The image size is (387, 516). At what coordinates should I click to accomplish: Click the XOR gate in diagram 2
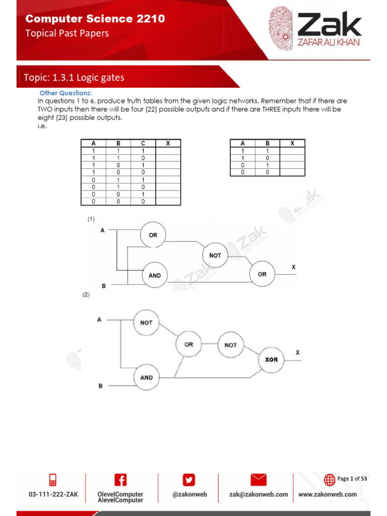[272, 359]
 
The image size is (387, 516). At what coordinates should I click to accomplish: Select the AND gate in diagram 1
[155, 275]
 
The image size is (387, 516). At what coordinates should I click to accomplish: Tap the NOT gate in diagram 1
[215, 255]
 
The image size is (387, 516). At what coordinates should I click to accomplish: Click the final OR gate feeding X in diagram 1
[262, 274]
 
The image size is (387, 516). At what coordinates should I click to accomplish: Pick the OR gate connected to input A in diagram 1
[153, 235]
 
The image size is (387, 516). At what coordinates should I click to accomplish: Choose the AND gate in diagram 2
[146, 377]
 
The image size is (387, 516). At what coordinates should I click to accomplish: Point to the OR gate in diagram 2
[188, 345]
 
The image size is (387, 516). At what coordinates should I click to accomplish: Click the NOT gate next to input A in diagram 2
[146, 322]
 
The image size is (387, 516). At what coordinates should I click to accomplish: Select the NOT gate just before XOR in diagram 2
[230, 345]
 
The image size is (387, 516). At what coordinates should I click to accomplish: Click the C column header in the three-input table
[143, 144]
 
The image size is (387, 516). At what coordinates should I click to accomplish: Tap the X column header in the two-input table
[292, 144]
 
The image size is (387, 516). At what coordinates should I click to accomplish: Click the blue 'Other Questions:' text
[66, 93]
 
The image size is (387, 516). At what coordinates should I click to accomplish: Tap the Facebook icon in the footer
[120, 480]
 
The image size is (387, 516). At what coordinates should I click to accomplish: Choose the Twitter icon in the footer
[189, 480]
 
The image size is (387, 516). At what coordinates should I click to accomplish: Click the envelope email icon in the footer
[259, 480]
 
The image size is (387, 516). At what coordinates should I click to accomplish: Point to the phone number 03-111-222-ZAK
[53, 494]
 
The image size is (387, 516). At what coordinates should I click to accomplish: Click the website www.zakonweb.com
[328, 494]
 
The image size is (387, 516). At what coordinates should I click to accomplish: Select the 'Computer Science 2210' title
[95, 19]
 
